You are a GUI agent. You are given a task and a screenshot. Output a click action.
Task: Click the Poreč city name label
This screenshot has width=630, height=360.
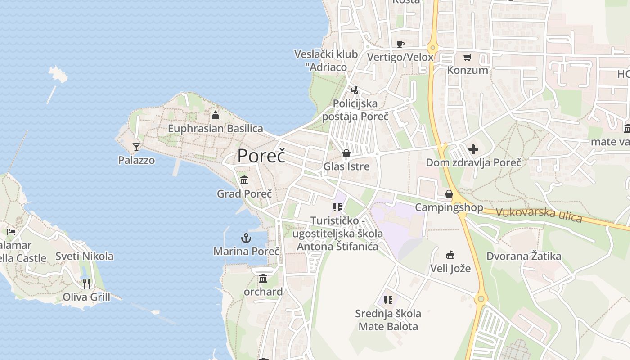click(x=261, y=156)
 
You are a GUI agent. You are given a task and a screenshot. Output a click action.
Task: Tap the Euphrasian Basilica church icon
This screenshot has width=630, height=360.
click(x=216, y=115)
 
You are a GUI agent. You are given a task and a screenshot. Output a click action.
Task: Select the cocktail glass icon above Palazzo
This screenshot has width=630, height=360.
click(x=136, y=147)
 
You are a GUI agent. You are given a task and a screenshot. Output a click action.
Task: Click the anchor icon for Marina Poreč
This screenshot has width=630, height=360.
click(x=246, y=238)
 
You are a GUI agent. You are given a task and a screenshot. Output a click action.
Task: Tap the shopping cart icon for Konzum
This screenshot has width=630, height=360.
click(x=467, y=57)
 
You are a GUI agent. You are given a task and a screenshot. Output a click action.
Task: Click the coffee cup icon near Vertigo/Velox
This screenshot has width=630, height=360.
click(x=400, y=44)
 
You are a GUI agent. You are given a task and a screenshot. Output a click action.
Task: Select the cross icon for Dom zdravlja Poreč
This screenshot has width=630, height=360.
click(x=473, y=149)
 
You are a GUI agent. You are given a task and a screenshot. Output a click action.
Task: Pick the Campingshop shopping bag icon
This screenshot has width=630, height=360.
click(x=449, y=194)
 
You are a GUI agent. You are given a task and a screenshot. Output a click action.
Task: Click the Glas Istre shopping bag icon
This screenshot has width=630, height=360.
click(x=346, y=153)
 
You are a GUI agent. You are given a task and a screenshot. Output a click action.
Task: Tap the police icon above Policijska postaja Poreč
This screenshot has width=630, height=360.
click(x=355, y=90)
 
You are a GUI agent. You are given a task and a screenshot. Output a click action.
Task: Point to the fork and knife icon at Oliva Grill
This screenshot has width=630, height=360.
click(x=86, y=283)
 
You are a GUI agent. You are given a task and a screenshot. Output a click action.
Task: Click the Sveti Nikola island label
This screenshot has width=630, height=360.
click(x=85, y=256)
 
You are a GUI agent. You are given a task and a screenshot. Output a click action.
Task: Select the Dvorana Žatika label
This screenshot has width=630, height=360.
click(x=524, y=256)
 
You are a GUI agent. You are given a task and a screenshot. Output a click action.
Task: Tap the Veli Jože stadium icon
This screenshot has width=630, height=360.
click(x=450, y=255)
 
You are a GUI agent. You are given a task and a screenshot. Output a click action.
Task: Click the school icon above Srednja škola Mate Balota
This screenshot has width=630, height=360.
click(x=388, y=300)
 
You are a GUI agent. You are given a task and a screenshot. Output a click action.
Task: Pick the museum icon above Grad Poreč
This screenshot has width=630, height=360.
click(x=244, y=180)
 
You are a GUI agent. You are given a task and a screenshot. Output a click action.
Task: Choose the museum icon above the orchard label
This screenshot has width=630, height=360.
click(x=263, y=278)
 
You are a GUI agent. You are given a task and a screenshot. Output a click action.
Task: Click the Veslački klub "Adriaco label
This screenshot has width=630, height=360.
click(x=326, y=61)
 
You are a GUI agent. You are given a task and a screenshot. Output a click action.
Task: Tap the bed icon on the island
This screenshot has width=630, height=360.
click(x=11, y=232)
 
